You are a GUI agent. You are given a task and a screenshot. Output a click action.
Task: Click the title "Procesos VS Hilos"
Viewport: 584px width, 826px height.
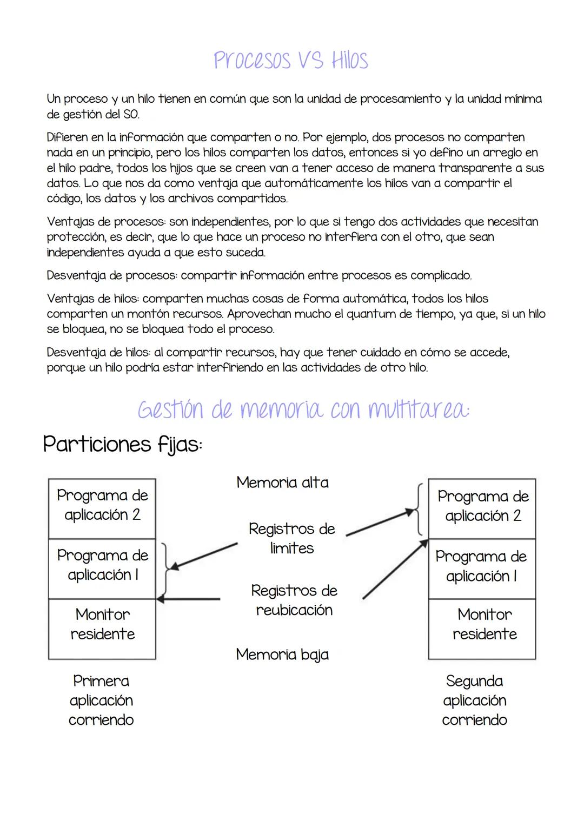click(291, 60)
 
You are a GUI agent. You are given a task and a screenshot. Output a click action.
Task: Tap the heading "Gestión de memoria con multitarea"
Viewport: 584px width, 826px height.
click(303, 410)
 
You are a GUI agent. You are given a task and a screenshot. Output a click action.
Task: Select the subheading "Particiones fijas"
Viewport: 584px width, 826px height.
click(123, 445)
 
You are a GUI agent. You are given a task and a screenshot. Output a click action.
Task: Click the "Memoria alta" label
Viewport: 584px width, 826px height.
click(282, 483)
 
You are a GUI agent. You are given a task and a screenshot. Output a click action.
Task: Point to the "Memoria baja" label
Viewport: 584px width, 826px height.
click(282, 655)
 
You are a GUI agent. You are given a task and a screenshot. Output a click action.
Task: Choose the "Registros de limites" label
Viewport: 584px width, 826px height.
click(292, 538)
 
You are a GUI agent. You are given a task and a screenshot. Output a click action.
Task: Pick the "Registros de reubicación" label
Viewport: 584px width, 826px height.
click(294, 600)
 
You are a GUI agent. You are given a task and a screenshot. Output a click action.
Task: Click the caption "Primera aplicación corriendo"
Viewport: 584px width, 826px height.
click(101, 700)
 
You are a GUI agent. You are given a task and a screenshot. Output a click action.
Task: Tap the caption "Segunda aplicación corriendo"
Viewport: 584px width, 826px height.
click(475, 700)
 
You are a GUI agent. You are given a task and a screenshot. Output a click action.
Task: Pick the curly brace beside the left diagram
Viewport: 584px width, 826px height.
click(166, 569)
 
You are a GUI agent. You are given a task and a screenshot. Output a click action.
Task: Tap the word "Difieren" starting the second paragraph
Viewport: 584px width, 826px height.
click(68, 137)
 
